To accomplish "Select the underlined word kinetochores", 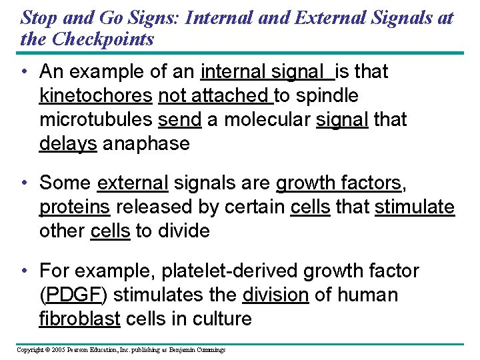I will click(96, 96).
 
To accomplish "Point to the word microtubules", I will click(96, 120).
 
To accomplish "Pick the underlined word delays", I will click(68, 143).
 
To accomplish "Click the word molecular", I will click(257, 120).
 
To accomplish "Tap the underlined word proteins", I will click(75, 207).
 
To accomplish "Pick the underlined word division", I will click(276, 295).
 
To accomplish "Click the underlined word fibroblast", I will click(80, 319).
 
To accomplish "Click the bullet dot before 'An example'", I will click(23, 71).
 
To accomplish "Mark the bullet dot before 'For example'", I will click(23, 271).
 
